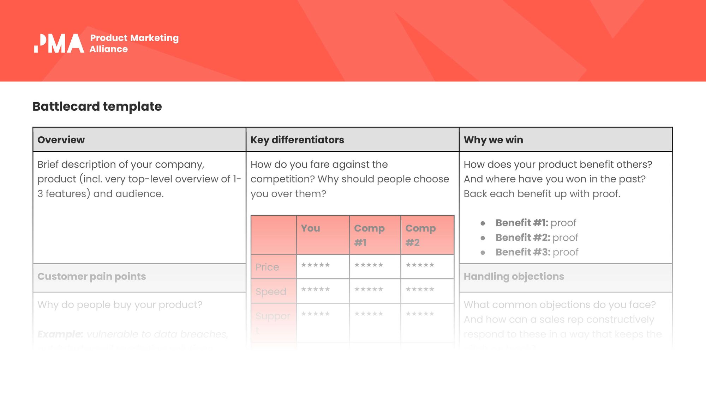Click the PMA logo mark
(x=59, y=43)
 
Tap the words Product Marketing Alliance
(x=134, y=43)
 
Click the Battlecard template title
(x=97, y=106)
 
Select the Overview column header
(x=61, y=140)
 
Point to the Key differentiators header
(x=297, y=140)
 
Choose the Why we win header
(x=493, y=140)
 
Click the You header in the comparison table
(x=310, y=228)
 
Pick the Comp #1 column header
(x=369, y=235)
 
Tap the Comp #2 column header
(x=420, y=235)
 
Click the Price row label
(x=267, y=267)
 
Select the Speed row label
(x=271, y=292)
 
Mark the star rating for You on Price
(x=316, y=265)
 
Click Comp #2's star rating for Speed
(x=420, y=289)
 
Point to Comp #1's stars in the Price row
(x=369, y=265)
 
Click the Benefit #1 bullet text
(x=536, y=223)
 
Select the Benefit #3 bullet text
(x=537, y=252)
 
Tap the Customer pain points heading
(x=91, y=277)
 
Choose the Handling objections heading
(x=514, y=277)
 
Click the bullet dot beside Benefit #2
(x=483, y=238)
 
